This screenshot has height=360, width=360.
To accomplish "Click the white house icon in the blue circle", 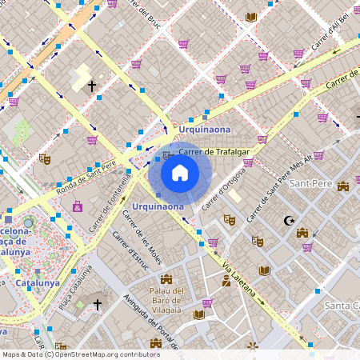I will click(179, 173).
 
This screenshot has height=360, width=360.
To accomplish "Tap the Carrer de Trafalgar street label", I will click(214, 150).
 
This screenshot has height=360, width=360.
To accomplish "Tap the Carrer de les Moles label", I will click(142, 238).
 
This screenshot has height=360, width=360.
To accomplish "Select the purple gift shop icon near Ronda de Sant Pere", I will click(78, 206).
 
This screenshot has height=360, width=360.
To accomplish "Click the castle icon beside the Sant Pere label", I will click(344, 186).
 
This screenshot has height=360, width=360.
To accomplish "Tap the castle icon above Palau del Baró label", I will click(166, 279).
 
